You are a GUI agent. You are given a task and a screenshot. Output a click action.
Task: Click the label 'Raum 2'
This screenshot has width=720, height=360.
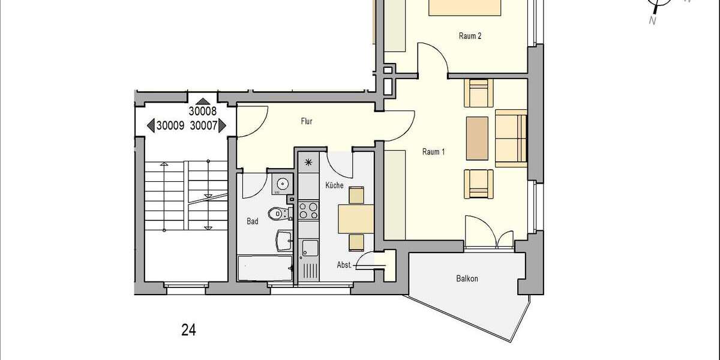pyautogui.click(x=470, y=36)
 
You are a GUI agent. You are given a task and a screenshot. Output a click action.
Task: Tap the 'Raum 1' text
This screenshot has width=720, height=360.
pyautogui.click(x=433, y=152)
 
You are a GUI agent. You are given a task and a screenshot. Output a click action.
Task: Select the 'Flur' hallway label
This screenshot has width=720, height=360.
pyautogui.click(x=307, y=121)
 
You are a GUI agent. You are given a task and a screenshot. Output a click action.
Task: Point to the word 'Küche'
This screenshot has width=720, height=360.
pyautogui.click(x=334, y=186)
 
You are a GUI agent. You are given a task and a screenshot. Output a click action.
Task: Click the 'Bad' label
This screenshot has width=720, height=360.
pyautogui.click(x=253, y=221)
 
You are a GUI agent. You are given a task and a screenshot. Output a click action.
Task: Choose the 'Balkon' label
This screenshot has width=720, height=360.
pyautogui.click(x=467, y=278)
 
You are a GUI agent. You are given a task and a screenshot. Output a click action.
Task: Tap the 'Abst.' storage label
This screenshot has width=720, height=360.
pyautogui.click(x=344, y=265)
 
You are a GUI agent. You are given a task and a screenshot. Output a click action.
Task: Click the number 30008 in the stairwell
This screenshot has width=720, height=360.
pyautogui.click(x=202, y=111)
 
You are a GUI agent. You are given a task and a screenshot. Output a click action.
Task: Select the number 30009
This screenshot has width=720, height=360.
pyautogui.click(x=170, y=126)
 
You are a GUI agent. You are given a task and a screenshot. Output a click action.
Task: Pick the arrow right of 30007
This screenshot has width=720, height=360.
pyautogui.click(x=221, y=125)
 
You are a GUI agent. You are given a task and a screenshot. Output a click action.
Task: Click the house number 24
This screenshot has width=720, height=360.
pyautogui.click(x=188, y=329)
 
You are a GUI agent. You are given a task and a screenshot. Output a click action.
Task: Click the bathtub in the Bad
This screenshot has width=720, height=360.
pyautogui.click(x=265, y=268)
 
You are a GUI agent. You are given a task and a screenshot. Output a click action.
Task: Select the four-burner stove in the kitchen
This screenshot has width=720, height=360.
pyautogui.click(x=308, y=211)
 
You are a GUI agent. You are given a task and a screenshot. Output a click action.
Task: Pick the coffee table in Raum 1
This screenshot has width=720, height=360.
pyautogui.click(x=477, y=138)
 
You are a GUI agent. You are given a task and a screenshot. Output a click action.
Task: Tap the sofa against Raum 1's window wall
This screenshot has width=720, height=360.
pyautogui.click(x=511, y=138)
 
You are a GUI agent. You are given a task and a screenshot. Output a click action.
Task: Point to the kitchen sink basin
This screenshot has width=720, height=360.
pyautogui.click(x=310, y=247)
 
